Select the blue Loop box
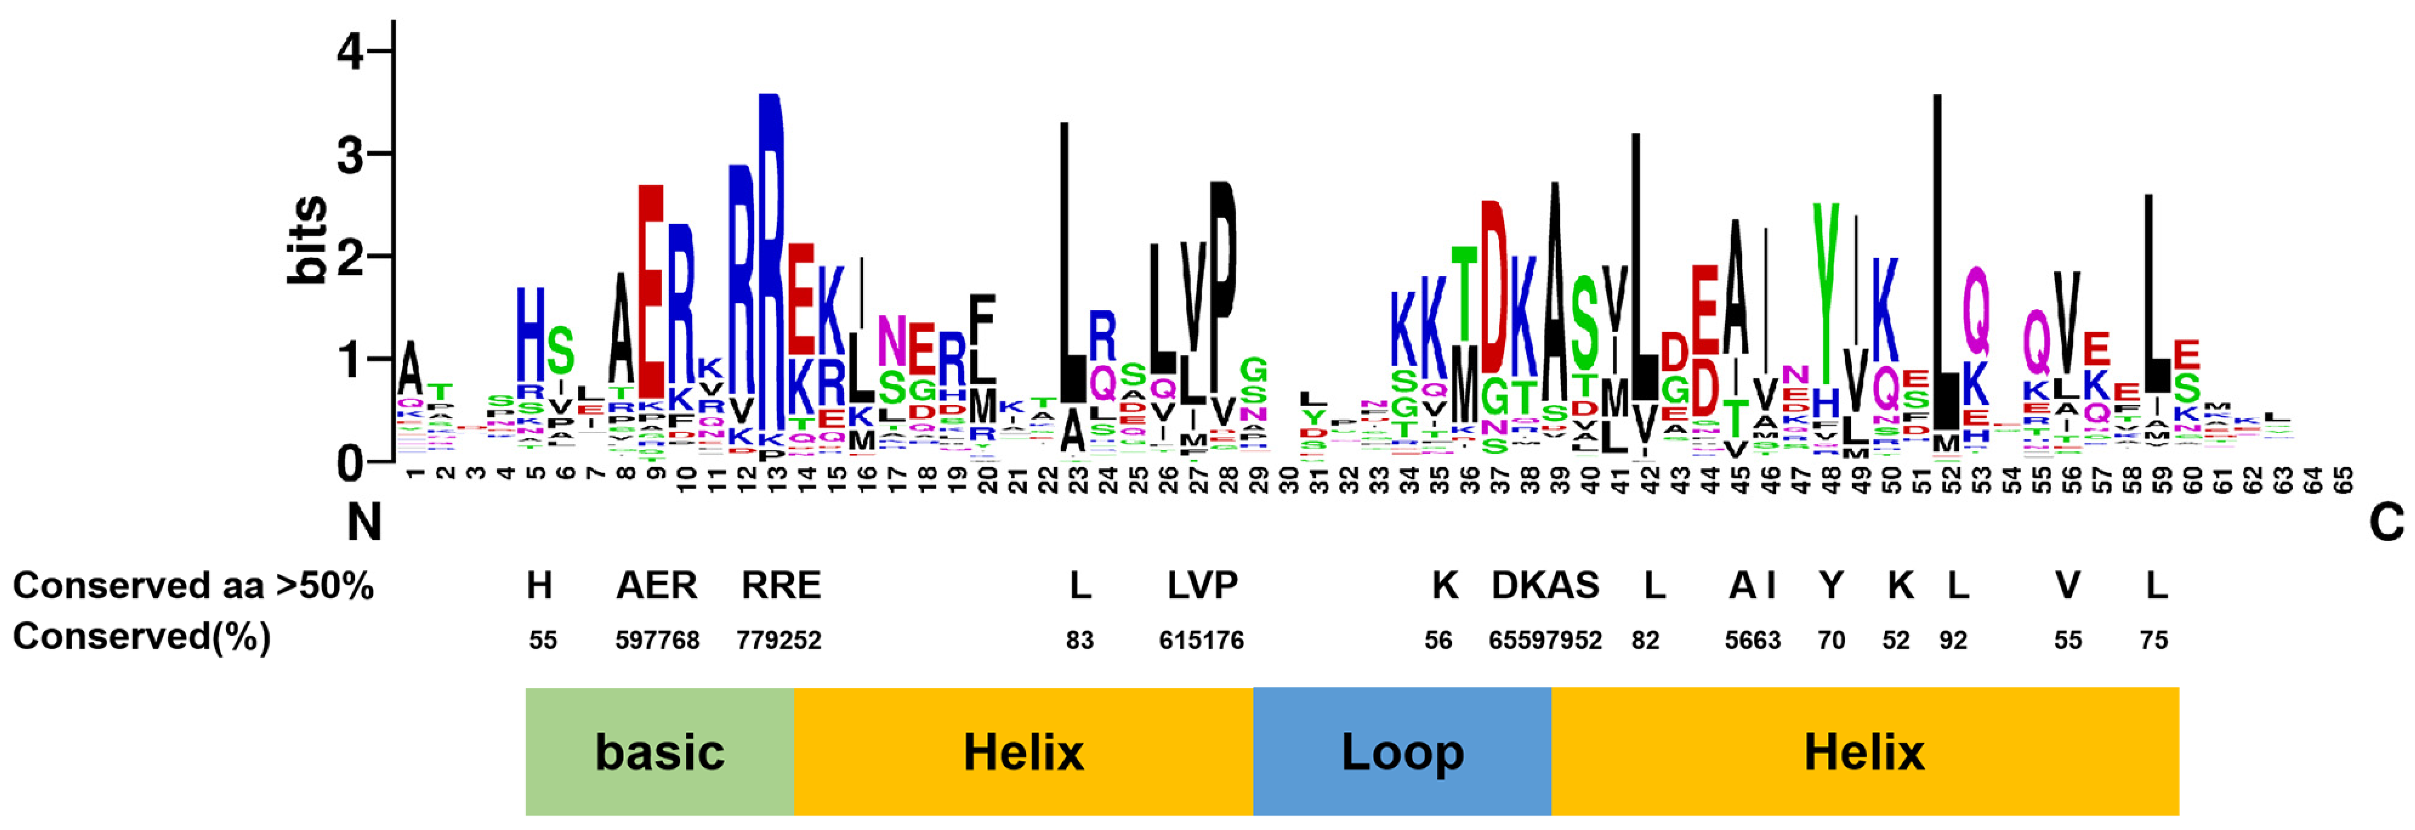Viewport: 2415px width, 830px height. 1402,751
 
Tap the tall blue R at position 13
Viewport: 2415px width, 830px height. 770,263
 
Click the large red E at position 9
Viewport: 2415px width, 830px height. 651,291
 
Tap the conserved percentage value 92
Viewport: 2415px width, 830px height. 1953,641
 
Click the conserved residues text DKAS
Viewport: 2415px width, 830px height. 1545,586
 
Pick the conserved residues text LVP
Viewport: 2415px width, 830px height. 1202,586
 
